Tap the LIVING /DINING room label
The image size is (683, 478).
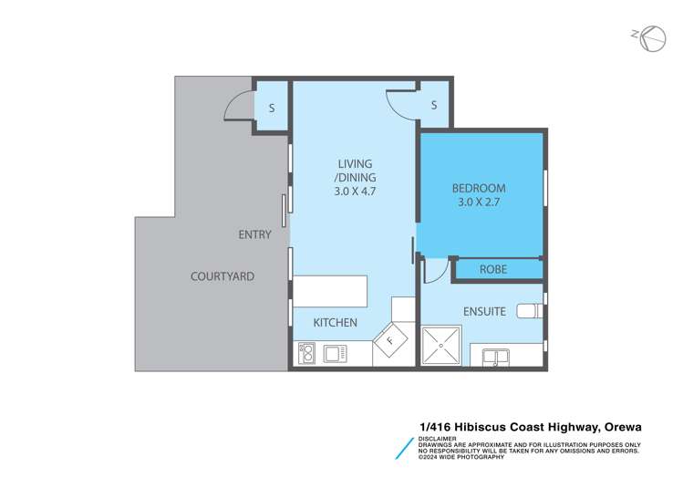pyautogui.click(x=355, y=171)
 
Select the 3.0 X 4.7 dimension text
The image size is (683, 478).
pyautogui.click(x=355, y=192)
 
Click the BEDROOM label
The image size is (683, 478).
pyautogui.click(x=479, y=189)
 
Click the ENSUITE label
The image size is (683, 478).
pyautogui.click(x=483, y=311)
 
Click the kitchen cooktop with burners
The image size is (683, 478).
pyautogui.click(x=306, y=352)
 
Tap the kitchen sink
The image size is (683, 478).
pyautogui.click(x=333, y=352)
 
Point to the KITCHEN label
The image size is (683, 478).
pyautogui.click(x=336, y=323)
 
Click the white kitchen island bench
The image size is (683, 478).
pyautogui.click(x=329, y=292)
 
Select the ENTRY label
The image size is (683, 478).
pyautogui.click(x=254, y=234)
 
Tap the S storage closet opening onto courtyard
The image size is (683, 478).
pyautogui.click(x=271, y=108)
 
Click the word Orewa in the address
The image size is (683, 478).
pyautogui.click(x=622, y=426)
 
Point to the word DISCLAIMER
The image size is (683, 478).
pyautogui.click(x=440, y=438)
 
